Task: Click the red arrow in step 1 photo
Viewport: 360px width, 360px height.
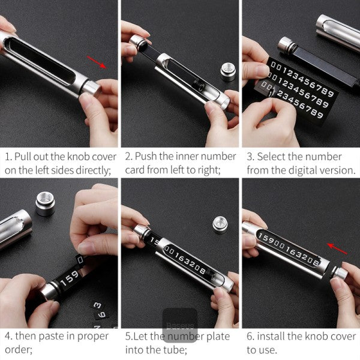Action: click(x=97, y=62)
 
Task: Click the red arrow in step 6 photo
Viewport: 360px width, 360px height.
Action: click(x=337, y=248)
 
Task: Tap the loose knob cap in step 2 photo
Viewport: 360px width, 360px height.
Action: click(x=228, y=72)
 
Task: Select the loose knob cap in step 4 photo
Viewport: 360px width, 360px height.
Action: click(x=45, y=204)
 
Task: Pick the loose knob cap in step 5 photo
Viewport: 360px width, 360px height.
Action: click(x=220, y=225)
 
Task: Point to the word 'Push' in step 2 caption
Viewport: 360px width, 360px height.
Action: click(x=146, y=157)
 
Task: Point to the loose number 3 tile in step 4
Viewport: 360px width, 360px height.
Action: click(x=97, y=305)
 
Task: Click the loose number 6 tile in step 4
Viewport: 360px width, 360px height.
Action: click(x=102, y=314)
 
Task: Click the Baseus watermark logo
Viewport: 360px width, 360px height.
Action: click(x=180, y=326)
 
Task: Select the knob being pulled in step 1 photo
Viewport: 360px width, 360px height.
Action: click(x=91, y=88)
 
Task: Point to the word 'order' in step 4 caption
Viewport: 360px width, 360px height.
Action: click(x=19, y=350)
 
